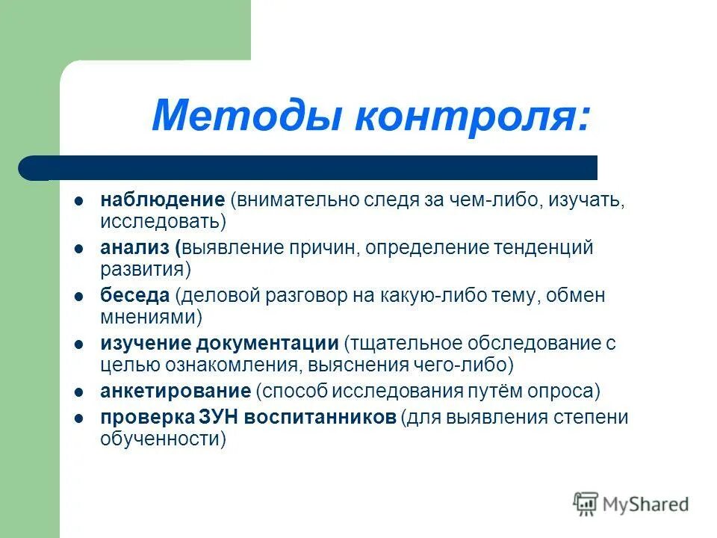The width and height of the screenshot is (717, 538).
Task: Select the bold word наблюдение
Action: pos(162,200)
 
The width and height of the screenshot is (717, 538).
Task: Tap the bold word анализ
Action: pos(136,247)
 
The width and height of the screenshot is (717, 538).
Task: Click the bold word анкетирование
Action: pos(175,390)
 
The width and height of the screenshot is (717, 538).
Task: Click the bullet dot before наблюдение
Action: pos(78,201)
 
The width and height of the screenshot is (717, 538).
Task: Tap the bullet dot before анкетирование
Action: pos(78,391)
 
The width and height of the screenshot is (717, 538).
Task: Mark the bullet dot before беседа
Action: pos(78,296)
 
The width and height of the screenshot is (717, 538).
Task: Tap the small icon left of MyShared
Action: pos(586,504)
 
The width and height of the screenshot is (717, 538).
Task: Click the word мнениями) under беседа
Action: pos(151,317)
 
